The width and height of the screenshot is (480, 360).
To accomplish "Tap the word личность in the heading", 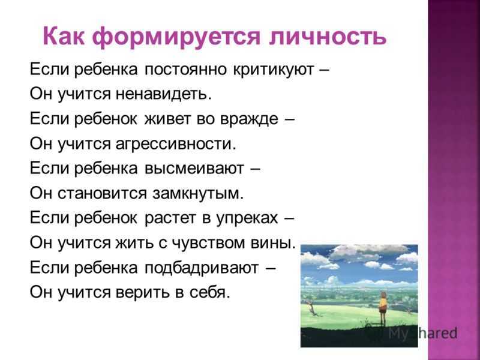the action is pyautogui.click(x=327, y=37).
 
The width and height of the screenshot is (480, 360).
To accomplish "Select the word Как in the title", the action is pyautogui.click(x=64, y=36).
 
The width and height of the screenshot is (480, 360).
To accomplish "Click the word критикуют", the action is pyautogui.click(x=274, y=70).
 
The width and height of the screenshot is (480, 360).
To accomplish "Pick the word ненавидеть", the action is pyautogui.click(x=164, y=94).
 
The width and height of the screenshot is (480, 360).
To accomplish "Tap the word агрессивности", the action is pyautogui.click(x=176, y=144).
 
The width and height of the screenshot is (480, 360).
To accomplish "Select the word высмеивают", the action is pyautogui.click(x=194, y=169).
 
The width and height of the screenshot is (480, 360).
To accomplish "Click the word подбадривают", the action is pyautogui.click(x=202, y=268).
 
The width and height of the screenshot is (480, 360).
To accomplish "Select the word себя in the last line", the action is pyautogui.click(x=209, y=292).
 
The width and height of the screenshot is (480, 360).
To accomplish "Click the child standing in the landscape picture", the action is pyautogui.click(x=383, y=307).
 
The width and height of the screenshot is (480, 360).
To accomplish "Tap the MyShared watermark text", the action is pyautogui.click(x=423, y=334).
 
